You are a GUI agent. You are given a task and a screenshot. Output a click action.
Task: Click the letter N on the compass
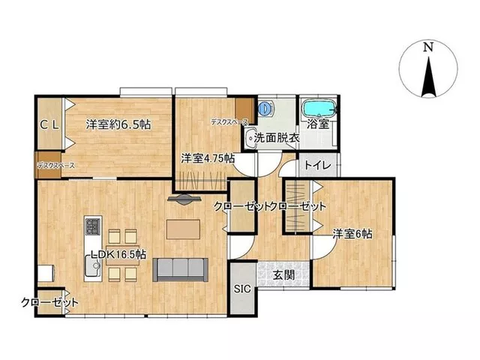(x=428, y=47)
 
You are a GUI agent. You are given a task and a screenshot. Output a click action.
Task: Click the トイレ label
(x=318, y=166)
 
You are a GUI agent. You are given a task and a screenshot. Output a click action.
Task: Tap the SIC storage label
(x=242, y=289)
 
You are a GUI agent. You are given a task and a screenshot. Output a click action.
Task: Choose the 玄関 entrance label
(x=283, y=275)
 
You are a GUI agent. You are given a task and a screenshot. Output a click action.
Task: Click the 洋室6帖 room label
(x=352, y=234)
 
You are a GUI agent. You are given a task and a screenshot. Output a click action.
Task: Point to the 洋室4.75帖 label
(x=208, y=158)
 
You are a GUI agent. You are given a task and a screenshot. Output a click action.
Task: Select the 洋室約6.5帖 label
(x=118, y=124)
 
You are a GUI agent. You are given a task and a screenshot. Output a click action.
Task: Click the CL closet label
(x=50, y=125)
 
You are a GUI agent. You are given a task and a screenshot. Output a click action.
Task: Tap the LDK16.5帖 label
(x=118, y=254)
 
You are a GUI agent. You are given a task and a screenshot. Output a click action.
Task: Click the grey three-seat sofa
(x=180, y=269)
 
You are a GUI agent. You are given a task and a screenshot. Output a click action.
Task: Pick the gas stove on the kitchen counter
(x=93, y=226)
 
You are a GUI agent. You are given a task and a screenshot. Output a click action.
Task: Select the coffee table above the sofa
(x=183, y=229)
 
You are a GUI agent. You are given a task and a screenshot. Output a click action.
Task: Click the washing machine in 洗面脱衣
(x=265, y=109)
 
